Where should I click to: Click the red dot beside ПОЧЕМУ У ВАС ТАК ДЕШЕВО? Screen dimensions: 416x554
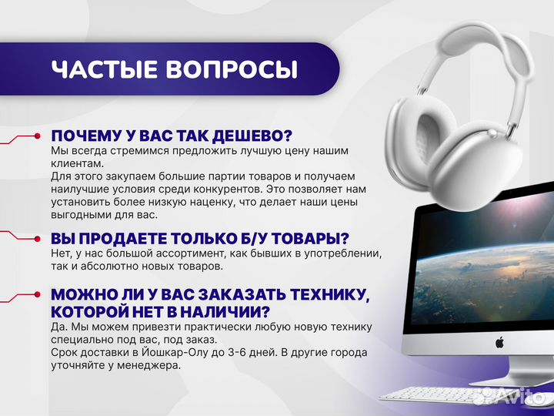(36, 136)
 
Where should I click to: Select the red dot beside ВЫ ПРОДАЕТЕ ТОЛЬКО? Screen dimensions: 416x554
(36, 237)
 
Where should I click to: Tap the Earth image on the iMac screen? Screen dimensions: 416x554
(477, 262)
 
